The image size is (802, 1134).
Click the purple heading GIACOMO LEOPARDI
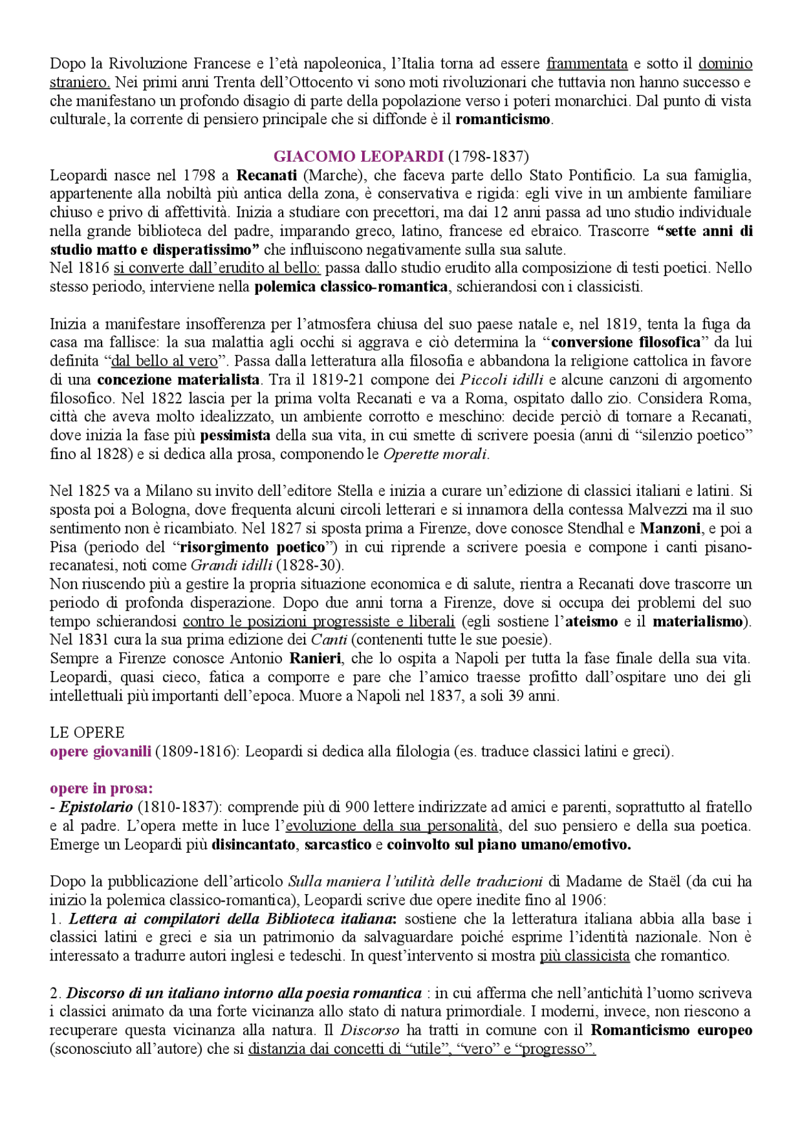tap(358, 157)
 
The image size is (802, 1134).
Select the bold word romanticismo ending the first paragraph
tap(503, 120)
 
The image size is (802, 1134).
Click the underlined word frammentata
tap(586, 64)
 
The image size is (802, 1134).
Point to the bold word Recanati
tap(266, 175)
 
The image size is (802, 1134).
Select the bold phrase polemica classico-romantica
tap(351, 287)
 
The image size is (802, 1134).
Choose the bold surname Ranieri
tap(315, 659)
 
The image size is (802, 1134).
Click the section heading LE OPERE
tap(87, 733)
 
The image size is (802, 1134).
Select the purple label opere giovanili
tap(100, 752)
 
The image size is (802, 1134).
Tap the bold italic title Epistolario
tap(96, 808)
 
